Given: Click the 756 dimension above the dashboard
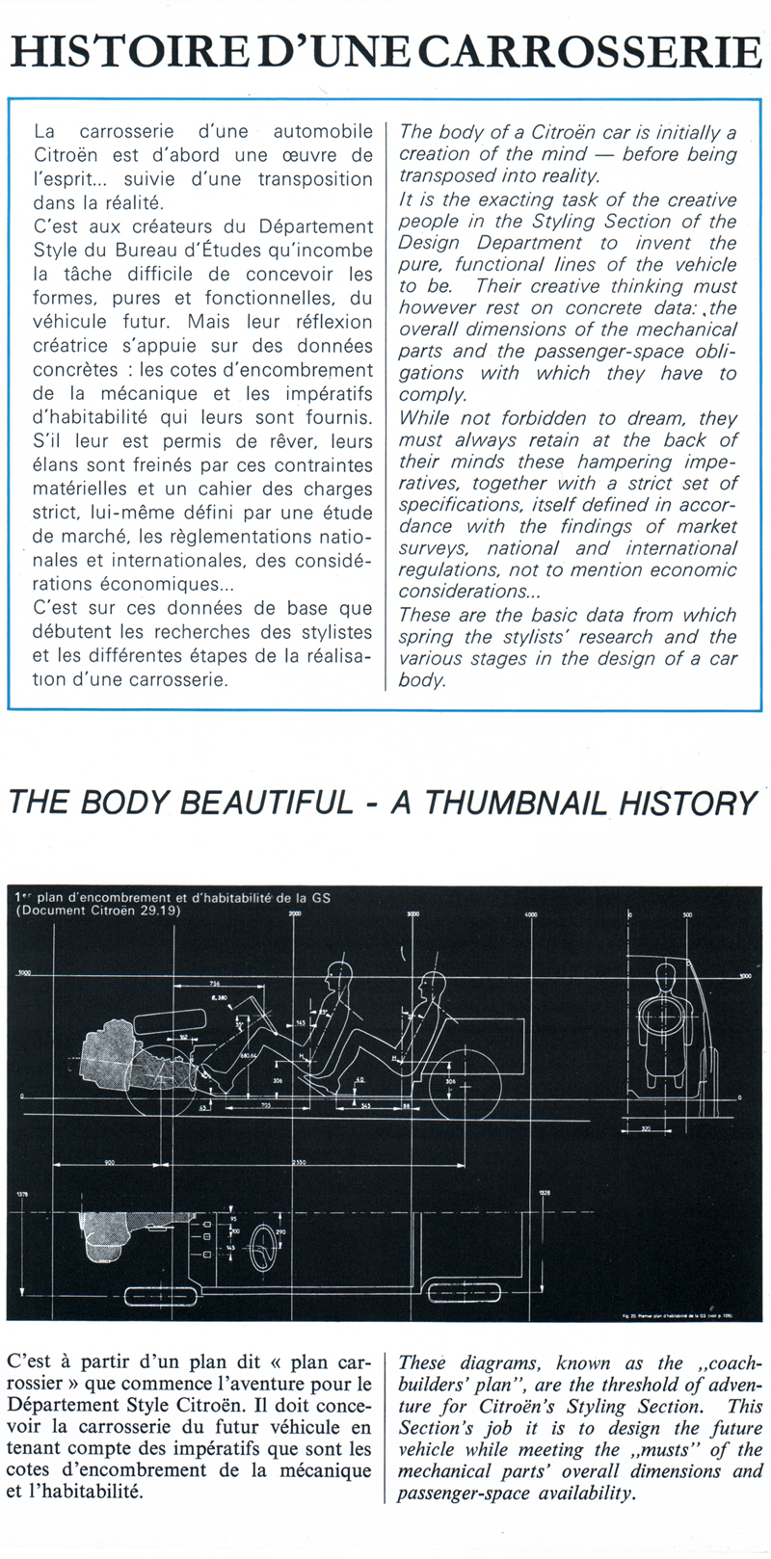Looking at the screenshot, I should pyautogui.click(x=215, y=982).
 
